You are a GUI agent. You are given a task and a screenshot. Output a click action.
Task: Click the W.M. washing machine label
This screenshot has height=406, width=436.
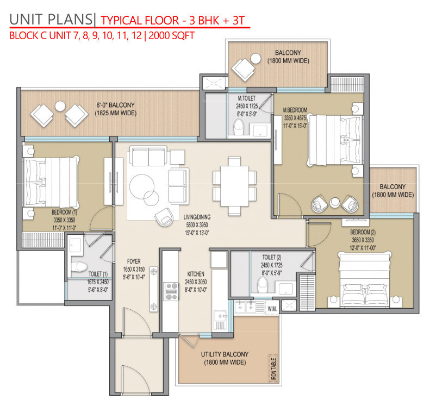point(272,309)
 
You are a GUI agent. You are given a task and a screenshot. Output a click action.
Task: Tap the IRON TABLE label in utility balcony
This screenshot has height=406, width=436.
point(273,368)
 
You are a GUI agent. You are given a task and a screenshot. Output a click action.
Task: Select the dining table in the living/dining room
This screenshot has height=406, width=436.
point(234,186)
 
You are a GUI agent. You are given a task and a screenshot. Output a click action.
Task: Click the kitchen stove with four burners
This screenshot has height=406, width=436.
point(171,291)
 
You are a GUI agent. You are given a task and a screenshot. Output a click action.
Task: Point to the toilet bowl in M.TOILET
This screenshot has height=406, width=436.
point(239,127)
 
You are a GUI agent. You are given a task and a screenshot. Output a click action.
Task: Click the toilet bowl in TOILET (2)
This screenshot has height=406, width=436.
point(263,285)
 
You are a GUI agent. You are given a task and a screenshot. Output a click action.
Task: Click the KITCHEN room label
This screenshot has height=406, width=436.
point(196,274)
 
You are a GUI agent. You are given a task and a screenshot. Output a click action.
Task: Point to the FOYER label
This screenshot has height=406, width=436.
point(134,261)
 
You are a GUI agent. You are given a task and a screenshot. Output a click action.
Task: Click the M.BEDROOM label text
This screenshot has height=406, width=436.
point(295,110)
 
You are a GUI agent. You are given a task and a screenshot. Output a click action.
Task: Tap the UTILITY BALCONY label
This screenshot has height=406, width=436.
point(225,354)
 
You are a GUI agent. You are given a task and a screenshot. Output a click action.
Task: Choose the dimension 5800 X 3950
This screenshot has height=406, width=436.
point(197,225)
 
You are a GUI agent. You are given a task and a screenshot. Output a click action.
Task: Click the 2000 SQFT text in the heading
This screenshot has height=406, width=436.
point(172,35)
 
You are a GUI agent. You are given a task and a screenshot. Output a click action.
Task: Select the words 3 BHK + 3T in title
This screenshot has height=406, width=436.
point(217,21)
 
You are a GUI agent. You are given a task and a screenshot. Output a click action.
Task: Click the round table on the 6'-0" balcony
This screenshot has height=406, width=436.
point(60,106)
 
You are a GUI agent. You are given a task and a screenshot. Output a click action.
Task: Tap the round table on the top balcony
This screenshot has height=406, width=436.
point(256,59)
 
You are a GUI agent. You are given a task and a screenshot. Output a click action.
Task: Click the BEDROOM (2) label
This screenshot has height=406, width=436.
point(363,232)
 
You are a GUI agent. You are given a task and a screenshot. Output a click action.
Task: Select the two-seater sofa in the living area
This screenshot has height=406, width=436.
point(148,157)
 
